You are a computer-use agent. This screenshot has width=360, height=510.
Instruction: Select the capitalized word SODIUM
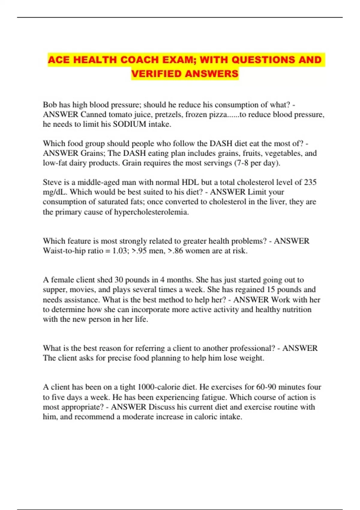click(x=129, y=124)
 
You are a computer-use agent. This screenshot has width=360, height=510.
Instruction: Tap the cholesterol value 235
click(x=310, y=182)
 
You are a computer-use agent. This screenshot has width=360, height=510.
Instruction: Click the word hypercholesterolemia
click(x=151, y=212)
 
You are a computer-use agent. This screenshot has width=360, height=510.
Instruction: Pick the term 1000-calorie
click(x=163, y=387)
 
